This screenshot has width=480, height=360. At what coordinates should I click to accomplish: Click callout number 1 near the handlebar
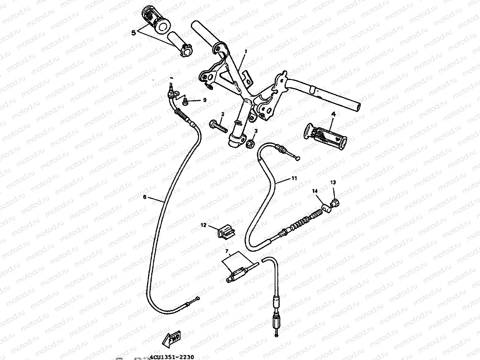click(246, 51)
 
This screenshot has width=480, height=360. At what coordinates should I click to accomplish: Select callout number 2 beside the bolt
click(223, 114)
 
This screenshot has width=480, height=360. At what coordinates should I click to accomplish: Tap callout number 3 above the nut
click(256, 131)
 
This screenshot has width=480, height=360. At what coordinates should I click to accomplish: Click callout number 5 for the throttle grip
click(133, 33)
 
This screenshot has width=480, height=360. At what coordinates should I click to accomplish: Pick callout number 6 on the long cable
click(145, 197)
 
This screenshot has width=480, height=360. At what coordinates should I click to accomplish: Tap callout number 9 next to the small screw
click(205, 100)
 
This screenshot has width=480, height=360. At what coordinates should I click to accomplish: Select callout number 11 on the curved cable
click(294, 178)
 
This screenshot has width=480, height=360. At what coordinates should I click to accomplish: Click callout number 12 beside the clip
click(203, 225)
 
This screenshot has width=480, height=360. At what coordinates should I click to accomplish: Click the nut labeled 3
click(251, 144)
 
